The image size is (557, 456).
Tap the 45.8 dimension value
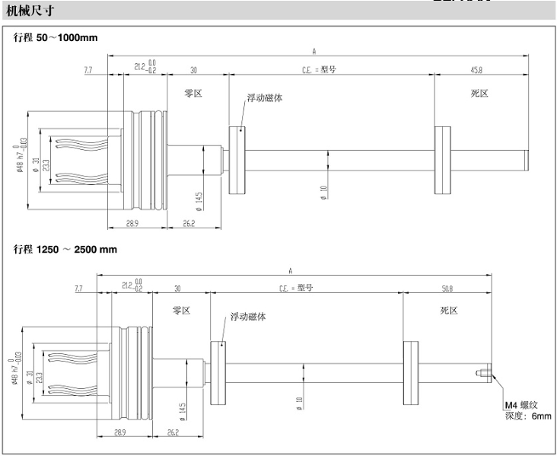476,69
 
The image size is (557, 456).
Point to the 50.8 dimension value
447,289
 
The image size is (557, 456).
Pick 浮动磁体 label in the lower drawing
249,316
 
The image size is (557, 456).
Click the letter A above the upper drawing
314,50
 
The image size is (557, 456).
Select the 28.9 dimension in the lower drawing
110,433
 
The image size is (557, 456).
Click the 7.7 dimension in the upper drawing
88,69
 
